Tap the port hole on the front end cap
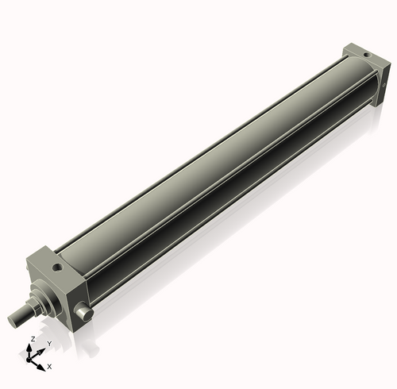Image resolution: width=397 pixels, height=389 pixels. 58,268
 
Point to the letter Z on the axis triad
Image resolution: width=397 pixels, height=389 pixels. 32,339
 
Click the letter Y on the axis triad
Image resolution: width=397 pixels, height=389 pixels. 49,343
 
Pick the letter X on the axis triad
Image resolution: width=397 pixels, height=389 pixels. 49,367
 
